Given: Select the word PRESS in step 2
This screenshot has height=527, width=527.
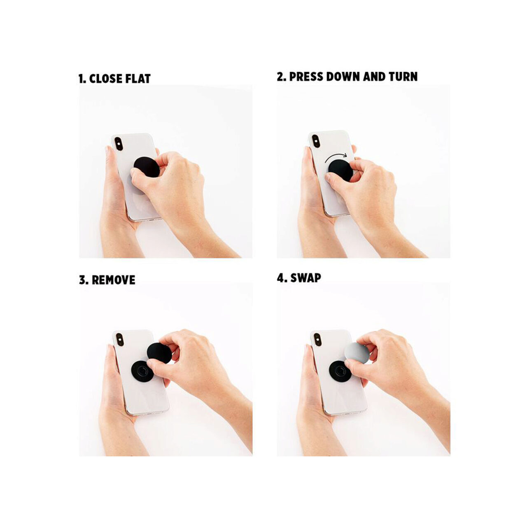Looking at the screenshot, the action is point(306,77).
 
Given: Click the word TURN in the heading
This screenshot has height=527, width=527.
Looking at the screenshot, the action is point(403,77).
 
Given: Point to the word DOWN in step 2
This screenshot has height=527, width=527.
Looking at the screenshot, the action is point(343,77).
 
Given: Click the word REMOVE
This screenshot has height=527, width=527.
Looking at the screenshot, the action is point(114,280).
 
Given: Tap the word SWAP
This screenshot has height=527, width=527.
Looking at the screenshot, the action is point(305,278).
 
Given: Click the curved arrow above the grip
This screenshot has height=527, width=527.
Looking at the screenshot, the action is point(336,156).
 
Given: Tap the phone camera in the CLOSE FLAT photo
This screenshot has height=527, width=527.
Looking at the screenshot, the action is point(119,144).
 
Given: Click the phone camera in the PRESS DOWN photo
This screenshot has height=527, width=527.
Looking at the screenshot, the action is point(316,141).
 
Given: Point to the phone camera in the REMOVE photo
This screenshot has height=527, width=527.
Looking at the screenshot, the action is point(120,339).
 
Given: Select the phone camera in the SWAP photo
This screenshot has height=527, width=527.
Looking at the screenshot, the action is point(317,340).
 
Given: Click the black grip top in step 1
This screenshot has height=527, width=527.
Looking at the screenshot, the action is point(147,167).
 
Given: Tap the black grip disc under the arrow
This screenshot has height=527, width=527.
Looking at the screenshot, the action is point(340,170).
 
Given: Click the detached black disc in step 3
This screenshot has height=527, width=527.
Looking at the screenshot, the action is point(159,353).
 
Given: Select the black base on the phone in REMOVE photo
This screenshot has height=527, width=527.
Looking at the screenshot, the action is point(142,372).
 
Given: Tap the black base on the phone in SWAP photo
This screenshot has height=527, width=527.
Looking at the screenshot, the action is point(340,372).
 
